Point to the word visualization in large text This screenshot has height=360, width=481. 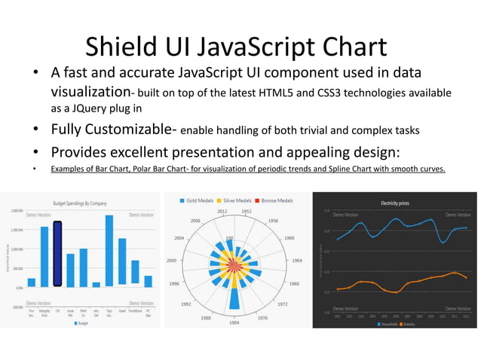pyautogui.click(x=90, y=93)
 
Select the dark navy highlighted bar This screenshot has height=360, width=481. pyautogui.click(x=57, y=254)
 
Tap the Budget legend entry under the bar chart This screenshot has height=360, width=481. pyautogui.click(x=81, y=323)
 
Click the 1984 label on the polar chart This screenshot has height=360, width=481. pyautogui.click(x=235, y=323)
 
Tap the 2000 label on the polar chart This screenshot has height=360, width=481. pyautogui.click(x=173, y=260)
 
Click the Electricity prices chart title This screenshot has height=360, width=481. pyautogui.click(x=395, y=203)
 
